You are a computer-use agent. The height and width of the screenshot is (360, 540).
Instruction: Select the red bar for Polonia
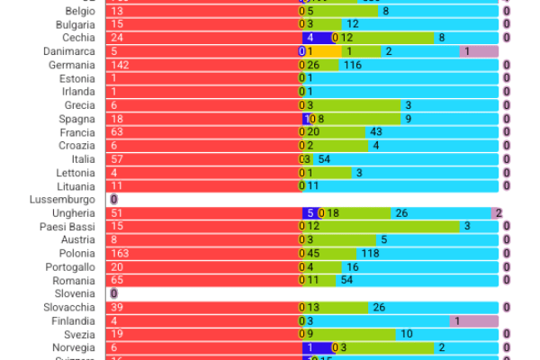tap(202, 254)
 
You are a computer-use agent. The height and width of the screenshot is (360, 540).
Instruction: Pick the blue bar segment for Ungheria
tap(310, 213)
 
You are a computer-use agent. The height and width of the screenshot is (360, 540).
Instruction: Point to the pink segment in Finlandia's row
tap(473, 321)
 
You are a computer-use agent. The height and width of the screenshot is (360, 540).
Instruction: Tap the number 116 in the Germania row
tap(352, 65)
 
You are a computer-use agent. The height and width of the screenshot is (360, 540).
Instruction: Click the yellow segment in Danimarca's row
tap(324, 51)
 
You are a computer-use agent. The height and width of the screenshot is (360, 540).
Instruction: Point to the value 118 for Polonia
tap(370, 254)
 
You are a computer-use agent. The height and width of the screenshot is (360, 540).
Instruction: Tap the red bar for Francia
tap(202, 132)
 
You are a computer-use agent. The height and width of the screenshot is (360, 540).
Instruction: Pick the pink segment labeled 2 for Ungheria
tap(496, 213)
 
